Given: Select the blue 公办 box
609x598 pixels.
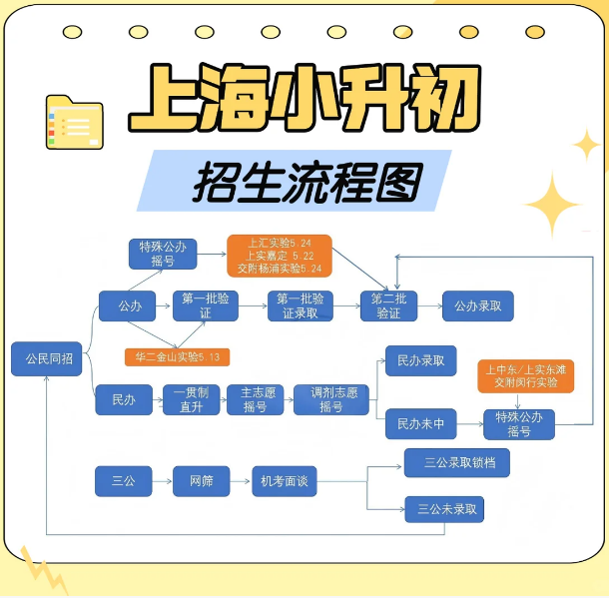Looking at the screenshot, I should pos(130,305).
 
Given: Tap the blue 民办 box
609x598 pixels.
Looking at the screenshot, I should pos(124,399).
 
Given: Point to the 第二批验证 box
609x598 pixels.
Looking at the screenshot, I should pos(388,305).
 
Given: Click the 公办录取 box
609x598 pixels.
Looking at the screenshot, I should pos(477,305).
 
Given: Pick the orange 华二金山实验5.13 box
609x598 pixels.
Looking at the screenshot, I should pos(176,356).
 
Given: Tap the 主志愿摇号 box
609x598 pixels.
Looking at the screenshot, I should pos(255,399).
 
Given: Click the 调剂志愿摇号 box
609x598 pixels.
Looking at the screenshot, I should pos(330,399).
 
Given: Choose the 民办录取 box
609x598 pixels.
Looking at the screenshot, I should pos(420,360).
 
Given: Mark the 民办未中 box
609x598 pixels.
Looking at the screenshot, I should pos(420,424).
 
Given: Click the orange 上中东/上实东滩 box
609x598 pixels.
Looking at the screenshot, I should pos(525,376).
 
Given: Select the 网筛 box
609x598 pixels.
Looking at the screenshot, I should pos(201,481).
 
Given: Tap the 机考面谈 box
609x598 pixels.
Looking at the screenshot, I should pos(284,481).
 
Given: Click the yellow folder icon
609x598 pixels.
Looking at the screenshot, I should pos(74,122).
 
